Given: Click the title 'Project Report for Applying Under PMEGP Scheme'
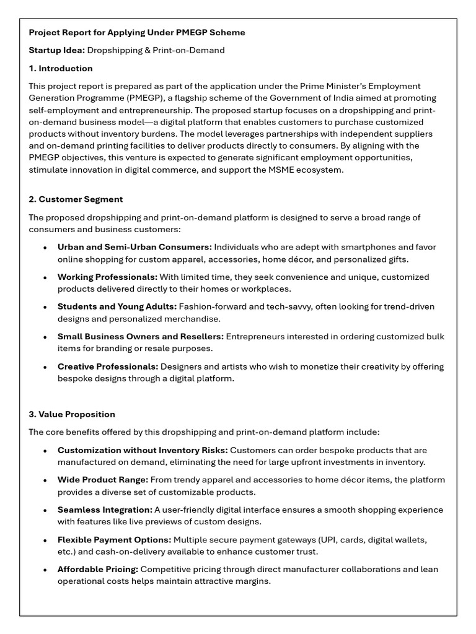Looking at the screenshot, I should coord(137,32).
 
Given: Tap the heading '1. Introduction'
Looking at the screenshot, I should coord(61,68).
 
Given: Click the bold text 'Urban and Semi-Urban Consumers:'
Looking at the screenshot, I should coord(134,247).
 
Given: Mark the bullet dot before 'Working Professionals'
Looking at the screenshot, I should coord(45,277).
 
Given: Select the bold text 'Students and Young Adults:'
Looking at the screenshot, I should coord(117,307).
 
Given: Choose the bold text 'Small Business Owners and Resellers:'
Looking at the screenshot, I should coord(141,337).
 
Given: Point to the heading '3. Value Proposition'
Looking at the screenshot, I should coord(72,414).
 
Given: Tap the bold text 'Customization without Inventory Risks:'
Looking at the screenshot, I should coord(143,450).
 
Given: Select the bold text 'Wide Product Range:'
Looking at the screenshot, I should coord(103,480).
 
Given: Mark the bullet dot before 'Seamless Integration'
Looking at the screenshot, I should coord(45,510).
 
